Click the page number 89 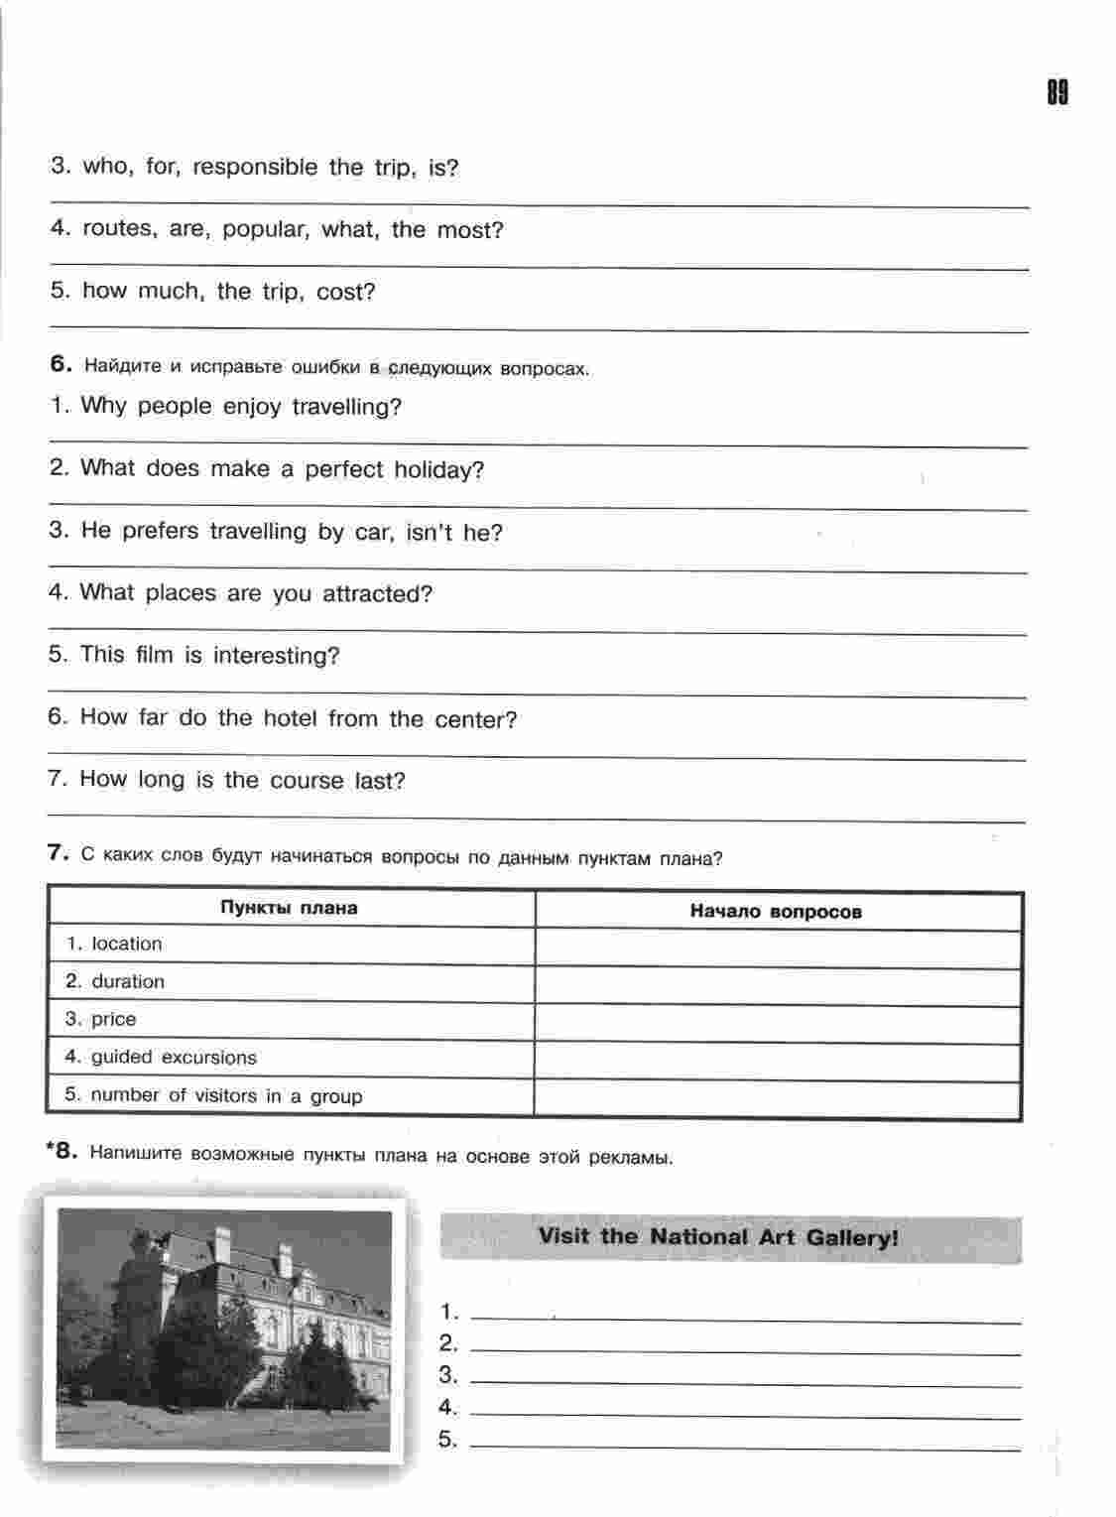click(1056, 93)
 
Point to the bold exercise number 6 click(62, 364)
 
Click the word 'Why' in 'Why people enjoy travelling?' click(103, 407)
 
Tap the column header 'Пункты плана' click(289, 908)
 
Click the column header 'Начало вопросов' click(776, 912)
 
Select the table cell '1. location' click(114, 944)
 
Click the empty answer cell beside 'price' click(777, 1024)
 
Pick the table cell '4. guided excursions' click(161, 1058)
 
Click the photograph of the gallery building click(224, 1327)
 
